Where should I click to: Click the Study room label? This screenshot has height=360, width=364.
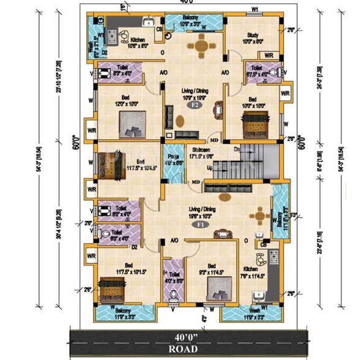tap(253, 38)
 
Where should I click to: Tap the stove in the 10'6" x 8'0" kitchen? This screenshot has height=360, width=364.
tap(111, 38)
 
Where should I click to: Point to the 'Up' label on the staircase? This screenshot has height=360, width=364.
tap(210, 167)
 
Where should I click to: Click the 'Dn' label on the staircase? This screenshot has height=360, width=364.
tap(237, 149)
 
